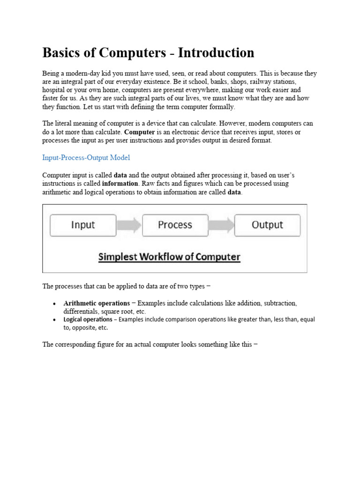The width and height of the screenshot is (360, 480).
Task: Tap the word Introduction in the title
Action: [x=215, y=52]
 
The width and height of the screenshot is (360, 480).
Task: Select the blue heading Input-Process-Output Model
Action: [x=86, y=157]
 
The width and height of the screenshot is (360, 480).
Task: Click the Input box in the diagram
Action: [x=83, y=225]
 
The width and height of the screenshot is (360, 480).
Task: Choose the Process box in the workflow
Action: [x=175, y=225]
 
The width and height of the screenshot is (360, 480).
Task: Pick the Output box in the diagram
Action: [x=267, y=225]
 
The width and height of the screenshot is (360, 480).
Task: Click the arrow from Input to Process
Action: [x=129, y=225]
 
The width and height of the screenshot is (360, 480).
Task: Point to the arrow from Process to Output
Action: [x=221, y=225]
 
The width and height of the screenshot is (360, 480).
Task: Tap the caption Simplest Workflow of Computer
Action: [x=169, y=257]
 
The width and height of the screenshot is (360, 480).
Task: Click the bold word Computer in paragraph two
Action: [x=140, y=132]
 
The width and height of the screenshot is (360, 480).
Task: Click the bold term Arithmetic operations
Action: [x=97, y=303]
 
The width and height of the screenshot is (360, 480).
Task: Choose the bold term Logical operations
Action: [x=88, y=320]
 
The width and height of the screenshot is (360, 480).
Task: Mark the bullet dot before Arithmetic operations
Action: [x=55, y=304]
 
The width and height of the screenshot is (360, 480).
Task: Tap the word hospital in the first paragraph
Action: [x=54, y=90]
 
